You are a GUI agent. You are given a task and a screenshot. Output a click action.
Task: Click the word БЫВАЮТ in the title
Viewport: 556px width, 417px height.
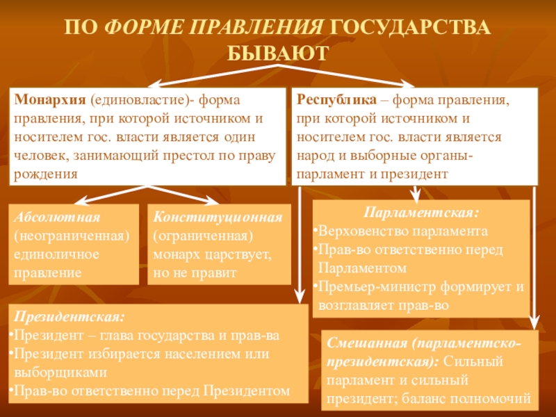(277, 53)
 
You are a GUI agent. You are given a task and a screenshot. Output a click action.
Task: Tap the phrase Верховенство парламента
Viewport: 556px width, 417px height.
(403, 230)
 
